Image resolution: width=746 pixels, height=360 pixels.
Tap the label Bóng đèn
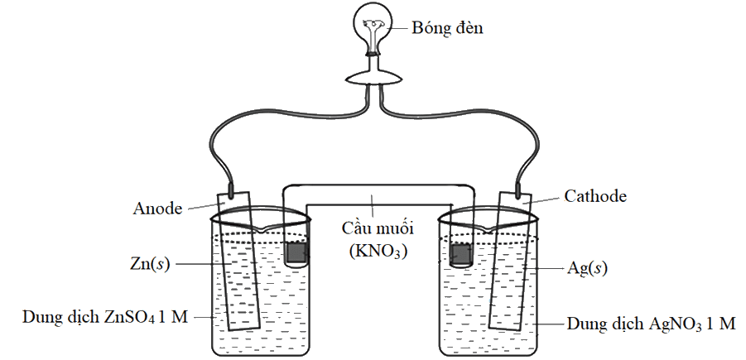pyautogui.click(x=447, y=27)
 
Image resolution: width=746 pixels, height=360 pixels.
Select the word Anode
pyautogui.click(x=157, y=209)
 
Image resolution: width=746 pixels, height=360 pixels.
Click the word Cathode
pyautogui.click(x=595, y=196)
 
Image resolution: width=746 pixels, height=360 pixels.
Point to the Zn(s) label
pyautogui.click(x=150, y=264)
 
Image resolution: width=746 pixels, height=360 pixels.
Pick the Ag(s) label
pyautogui.click(x=587, y=268)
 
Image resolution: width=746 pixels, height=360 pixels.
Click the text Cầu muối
pyautogui.click(x=378, y=228)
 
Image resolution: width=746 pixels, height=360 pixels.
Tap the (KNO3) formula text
pyautogui.click(x=378, y=251)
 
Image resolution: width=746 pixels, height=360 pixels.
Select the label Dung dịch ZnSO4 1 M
pyautogui.click(x=105, y=317)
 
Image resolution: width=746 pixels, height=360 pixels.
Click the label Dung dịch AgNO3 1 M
pyautogui.click(x=651, y=324)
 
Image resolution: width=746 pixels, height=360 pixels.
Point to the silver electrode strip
pyautogui.click(x=511, y=261)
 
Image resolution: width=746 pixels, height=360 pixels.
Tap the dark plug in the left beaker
pyautogui.click(x=297, y=252)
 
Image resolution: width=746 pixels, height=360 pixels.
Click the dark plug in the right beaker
pyautogui.click(x=460, y=254)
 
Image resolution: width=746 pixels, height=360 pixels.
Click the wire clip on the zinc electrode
pyautogui.click(x=231, y=190)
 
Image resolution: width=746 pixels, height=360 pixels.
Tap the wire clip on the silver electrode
pyautogui.click(x=517, y=190)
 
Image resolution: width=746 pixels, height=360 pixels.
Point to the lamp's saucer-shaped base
pyautogui.click(x=374, y=78)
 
